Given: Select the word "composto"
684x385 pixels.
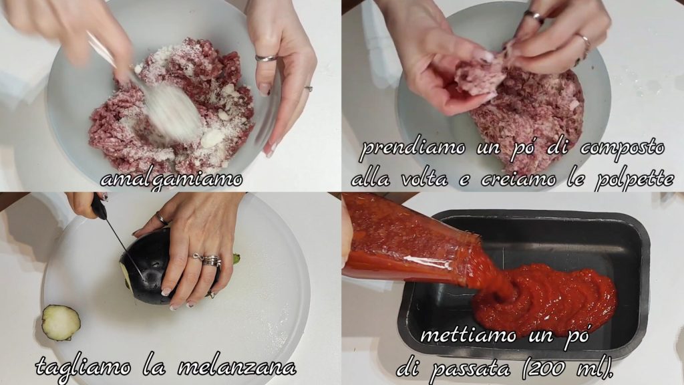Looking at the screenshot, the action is click(623, 149).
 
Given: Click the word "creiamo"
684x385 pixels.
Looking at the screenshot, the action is click(518, 179).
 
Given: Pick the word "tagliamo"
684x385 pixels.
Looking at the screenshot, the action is click(83, 367).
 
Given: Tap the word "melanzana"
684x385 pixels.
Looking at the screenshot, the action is click(237, 368).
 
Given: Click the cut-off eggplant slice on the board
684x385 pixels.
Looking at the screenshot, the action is click(61, 322).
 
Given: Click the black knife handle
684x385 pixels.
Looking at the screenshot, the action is click(99, 207).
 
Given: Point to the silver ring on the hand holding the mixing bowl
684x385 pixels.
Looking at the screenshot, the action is click(266, 58).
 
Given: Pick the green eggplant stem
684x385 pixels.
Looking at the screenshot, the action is click(236, 259).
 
